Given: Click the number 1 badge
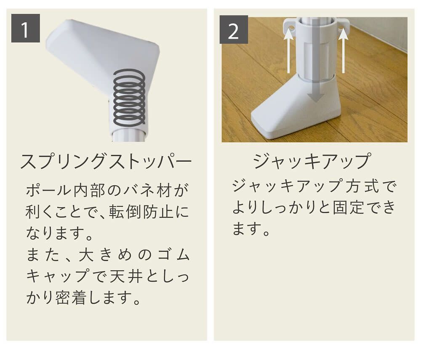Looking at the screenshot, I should pos(25,29).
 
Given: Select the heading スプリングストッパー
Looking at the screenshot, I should pos(106,162).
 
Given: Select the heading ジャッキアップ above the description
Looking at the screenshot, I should pos(312,161).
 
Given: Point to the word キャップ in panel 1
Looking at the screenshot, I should pos(57,276).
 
